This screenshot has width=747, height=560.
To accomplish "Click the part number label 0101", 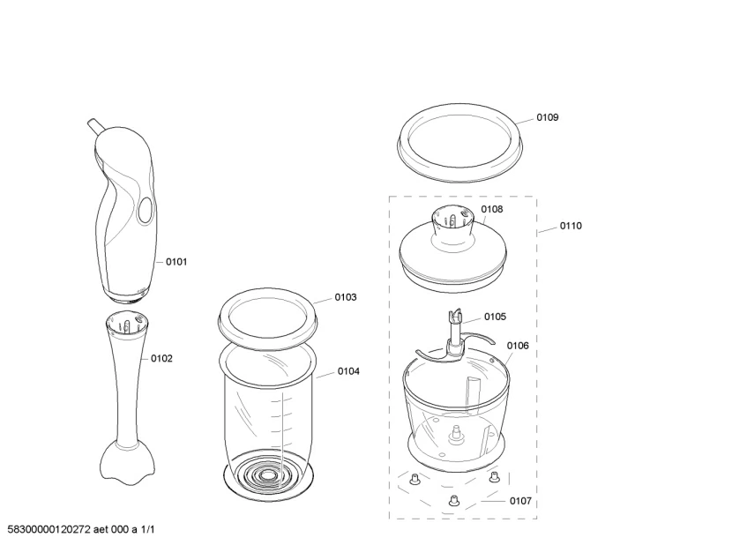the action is (176, 262).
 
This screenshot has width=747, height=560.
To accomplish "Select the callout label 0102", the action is (161, 359).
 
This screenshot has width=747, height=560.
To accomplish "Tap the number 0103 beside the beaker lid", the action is (346, 297).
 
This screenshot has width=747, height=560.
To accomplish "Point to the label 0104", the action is (348, 371).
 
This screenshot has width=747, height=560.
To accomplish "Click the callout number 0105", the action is (495, 317).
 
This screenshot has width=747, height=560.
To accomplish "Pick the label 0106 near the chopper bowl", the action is (518, 346).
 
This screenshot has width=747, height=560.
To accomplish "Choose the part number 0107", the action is (520, 501).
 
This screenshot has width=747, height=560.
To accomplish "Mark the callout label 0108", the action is (491, 209).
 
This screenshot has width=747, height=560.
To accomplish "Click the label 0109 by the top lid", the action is (548, 117).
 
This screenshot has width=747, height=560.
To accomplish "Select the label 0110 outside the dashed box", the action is (571, 226).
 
